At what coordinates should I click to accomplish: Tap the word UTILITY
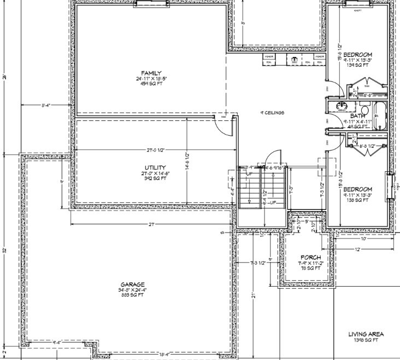tap(156, 168)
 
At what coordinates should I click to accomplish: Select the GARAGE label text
tap(133, 284)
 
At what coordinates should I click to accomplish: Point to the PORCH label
tap(309, 257)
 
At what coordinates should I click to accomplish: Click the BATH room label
tap(357, 116)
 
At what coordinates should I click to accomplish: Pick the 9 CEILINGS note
tap(272, 113)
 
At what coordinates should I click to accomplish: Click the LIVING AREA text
tap(366, 334)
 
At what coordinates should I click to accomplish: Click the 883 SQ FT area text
tap(133, 295)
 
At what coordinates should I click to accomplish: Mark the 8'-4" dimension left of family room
tap(48, 105)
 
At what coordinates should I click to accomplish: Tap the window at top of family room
tap(150, 4)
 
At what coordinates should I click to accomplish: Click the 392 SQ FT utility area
tap(156, 179)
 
